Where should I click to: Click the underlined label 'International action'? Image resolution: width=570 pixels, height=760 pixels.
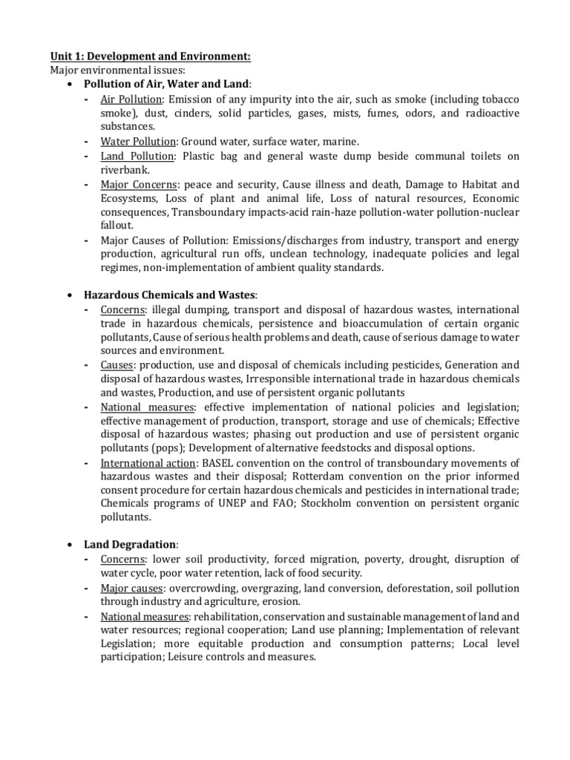point(148,463)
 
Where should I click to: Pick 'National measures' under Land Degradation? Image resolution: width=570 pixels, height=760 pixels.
point(145,616)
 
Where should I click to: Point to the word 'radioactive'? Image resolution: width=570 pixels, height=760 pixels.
point(490,113)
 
